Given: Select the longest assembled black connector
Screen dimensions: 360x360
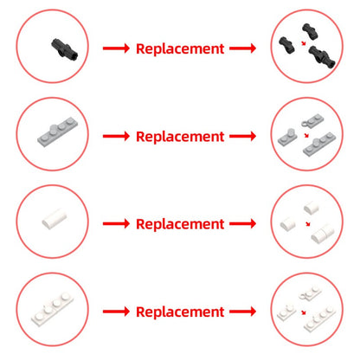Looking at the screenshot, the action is click(x=322, y=56).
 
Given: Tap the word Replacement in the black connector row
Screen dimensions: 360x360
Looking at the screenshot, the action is click(x=180, y=48).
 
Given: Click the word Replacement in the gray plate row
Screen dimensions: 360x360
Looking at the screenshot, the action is click(x=180, y=137).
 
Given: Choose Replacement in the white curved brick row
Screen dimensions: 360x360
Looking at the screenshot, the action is click(x=180, y=224).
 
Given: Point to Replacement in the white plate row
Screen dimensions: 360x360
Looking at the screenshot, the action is click(x=180, y=312).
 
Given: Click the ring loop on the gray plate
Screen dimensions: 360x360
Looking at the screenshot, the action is click(x=305, y=124).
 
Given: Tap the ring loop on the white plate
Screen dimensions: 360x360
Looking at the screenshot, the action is click(x=304, y=296).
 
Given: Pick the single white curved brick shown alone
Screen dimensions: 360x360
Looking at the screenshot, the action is click(x=55, y=219).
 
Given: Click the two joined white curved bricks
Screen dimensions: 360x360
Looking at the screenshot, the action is click(x=323, y=235).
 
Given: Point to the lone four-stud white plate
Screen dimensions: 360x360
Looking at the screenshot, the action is click(x=52, y=310).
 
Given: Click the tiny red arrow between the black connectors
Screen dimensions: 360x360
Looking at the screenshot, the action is click(x=304, y=43).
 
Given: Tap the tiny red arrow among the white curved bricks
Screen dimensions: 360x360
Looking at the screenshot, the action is click(x=308, y=224).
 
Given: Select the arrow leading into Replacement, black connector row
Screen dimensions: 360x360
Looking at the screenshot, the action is click(x=116, y=48).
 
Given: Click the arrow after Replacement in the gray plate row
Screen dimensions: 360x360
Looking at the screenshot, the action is click(x=243, y=136).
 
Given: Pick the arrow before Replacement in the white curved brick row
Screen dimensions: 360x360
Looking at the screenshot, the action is click(x=116, y=223).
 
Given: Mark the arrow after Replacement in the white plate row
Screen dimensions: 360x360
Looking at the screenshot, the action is click(x=243, y=312).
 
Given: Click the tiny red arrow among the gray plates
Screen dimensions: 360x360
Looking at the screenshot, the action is click(x=306, y=135).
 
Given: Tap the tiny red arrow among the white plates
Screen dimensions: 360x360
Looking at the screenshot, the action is click(x=304, y=312).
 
